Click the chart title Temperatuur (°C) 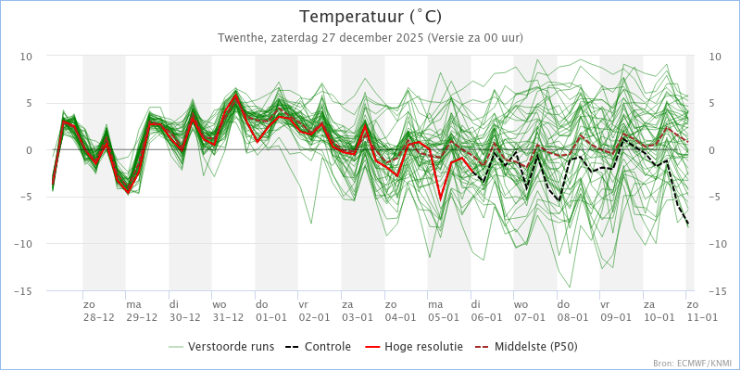click(370, 17)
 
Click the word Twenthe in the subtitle click(239, 38)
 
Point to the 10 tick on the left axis click(27, 57)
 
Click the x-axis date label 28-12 click(98, 316)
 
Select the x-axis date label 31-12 click(228, 316)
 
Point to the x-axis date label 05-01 click(443, 316)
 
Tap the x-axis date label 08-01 click(572, 316)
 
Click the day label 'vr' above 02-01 click(303, 303)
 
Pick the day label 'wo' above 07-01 click(521, 303)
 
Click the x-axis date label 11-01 click(701, 316)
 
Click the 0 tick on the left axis click(30, 150)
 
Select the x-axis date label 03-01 click(357, 316)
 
